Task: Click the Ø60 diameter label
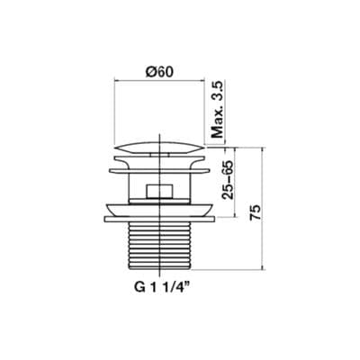159,72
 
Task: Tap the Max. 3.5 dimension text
218,110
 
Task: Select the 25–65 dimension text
228,180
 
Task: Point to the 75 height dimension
256,213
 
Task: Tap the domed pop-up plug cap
159,148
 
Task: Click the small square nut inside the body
159,191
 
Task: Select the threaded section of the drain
160,246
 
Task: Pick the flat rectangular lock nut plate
160,220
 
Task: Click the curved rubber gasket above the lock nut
160,210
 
